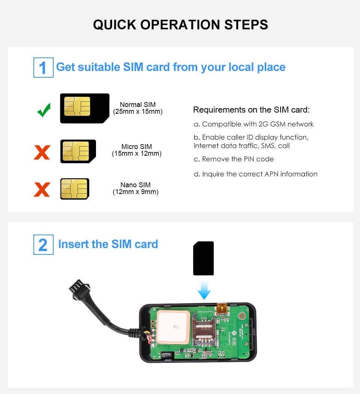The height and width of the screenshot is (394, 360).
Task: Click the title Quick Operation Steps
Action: pos(180,25)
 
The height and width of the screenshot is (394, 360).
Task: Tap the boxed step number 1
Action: pos(43,68)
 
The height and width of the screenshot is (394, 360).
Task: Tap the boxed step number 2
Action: pos(43,245)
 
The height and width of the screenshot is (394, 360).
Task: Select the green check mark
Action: pos(44,110)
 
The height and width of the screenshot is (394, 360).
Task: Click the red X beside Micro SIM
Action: pos(42,152)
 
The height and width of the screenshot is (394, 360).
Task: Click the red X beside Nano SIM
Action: pos(42,189)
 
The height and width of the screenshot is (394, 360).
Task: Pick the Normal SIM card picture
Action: pos(84,108)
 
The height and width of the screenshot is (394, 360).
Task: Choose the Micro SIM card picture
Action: pos(78,151)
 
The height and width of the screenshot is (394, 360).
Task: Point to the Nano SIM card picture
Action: pos(75,189)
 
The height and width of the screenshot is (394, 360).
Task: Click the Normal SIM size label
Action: pos(138,108)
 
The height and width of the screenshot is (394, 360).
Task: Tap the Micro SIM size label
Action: pos(136,150)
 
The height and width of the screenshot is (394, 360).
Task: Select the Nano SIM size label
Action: pos(135,188)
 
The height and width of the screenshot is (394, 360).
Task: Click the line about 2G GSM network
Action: pos(253,124)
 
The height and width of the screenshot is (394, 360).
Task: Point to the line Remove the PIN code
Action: pos(234,159)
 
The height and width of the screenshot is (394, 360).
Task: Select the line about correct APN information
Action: pos(255,174)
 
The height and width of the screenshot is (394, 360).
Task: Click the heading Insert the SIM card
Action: pos(108,244)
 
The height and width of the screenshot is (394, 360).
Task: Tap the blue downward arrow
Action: pos(204,290)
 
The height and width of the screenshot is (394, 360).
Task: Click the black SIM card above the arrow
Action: pos(203,258)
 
